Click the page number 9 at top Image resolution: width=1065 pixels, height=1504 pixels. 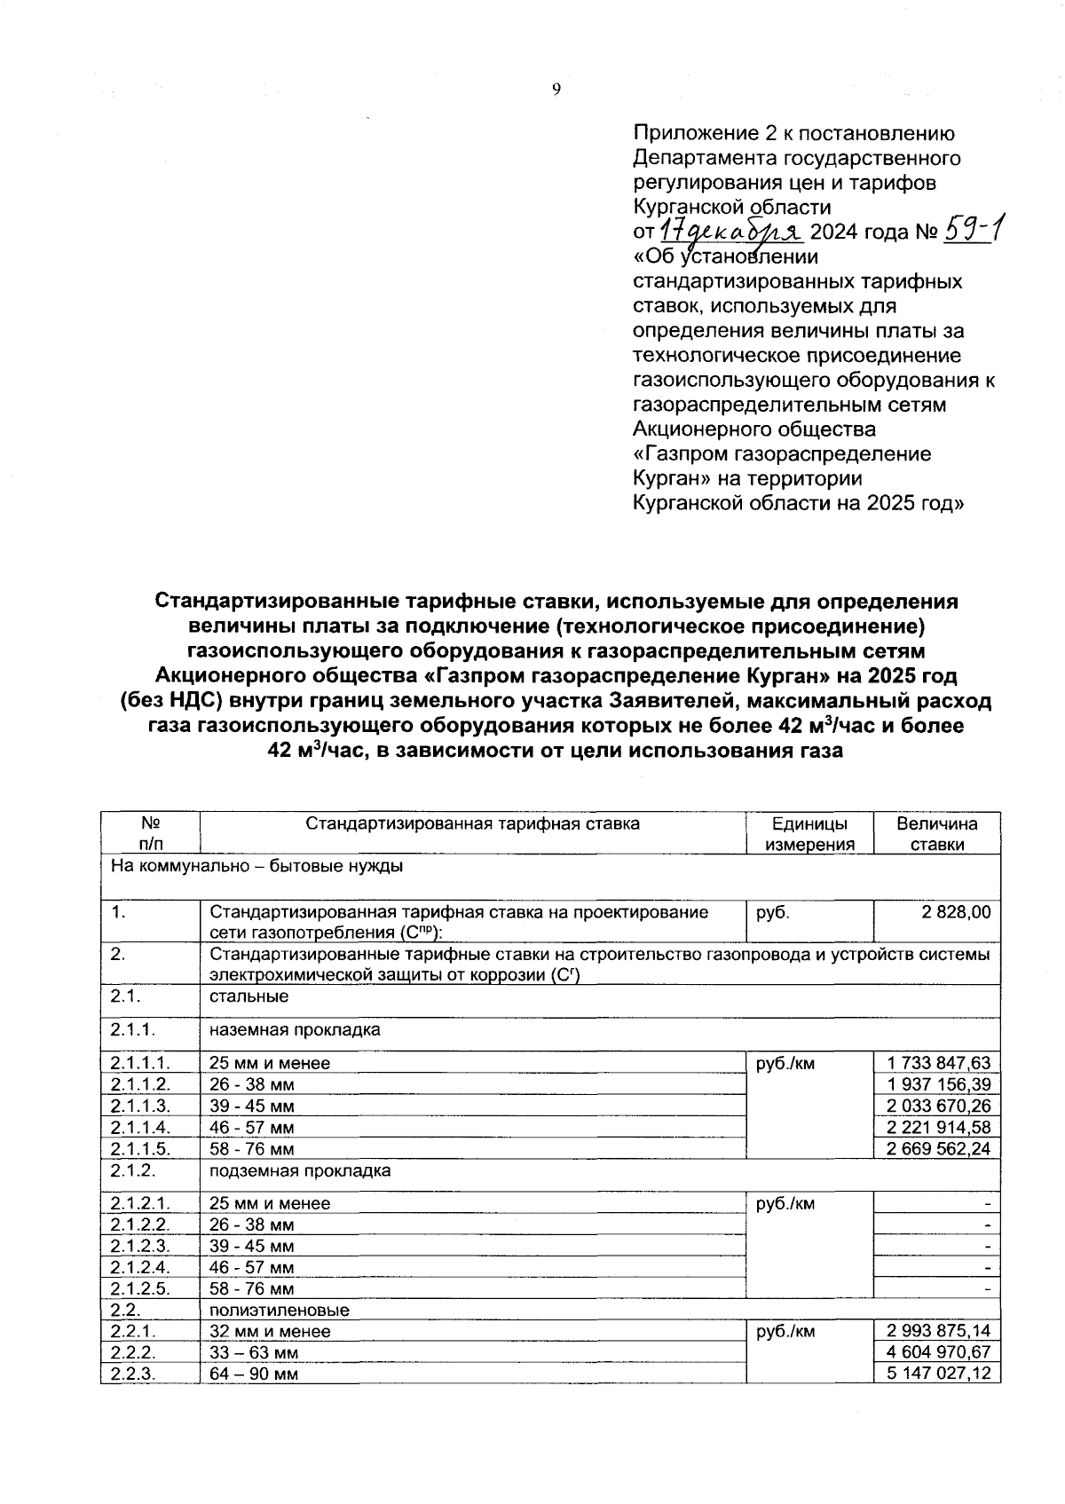pyautogui.click(x=556, y=89)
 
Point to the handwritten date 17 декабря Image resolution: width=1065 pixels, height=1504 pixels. pyautogui.click(x=730, y=232)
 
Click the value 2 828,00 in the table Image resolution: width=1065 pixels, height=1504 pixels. pyautogui.click(x=957, y=911)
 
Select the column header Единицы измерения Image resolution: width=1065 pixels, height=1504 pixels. pyautogui.click(x=809, y=834)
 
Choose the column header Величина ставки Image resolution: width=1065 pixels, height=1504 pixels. pyautogui.click(x=937, y=834)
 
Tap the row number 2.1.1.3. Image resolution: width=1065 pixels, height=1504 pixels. pyautogui.click(x=141, y=1106)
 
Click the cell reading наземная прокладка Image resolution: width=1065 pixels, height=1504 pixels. pyautogui.click(x=295, y=1030)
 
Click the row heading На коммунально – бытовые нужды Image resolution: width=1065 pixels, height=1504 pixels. pyautogui.click(x=256, y=865)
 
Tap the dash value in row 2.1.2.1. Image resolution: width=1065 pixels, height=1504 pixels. pyautogui.click(x=987, y=1204)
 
